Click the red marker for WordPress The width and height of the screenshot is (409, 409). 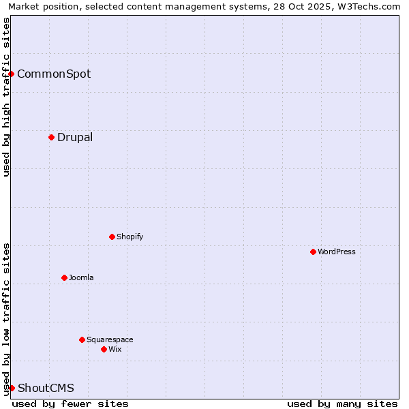pyautogui.click(x=313, y=252)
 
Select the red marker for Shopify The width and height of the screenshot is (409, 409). pyautogui.click(x=112, y=237)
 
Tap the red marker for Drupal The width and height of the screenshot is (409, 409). pyautogui.click(x=51, y=137)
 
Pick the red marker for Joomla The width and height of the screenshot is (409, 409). pyautogui.click(x=64, y=277)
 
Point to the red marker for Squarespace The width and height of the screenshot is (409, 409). pyautogui.click(x=82, y=339)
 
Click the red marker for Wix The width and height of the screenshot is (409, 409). pyautogui.click(x=104, y=349)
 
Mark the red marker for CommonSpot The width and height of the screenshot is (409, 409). pyautogui.click(x=11, y=74)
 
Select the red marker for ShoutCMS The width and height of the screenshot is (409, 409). pyautogui.click(x=12, y=388)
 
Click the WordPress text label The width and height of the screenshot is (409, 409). pyautogui.click(x=337, y=252)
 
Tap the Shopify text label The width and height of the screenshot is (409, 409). pyautogui.click(x=130, y=237)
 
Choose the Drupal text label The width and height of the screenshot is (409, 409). pyautogui.click(x=75, y=137)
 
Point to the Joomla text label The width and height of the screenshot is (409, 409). pyautogui.click(x=81, y=277)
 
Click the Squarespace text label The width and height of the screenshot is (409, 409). pyautogui.click(x=110, y=339)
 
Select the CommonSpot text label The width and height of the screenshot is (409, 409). pyautogui.click(x=54, y=74)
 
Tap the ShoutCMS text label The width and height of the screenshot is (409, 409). pyautogui.click(x=46, y=388)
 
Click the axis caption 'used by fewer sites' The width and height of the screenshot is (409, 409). pyautogui.click(x=70, y=404)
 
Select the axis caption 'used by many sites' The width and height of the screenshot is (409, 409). pyautogui.click(x=342, y=404)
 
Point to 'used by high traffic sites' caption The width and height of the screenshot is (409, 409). pyautogui.click(x=6, y=97)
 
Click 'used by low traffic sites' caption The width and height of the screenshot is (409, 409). pyautogui.click(x=6, y=318)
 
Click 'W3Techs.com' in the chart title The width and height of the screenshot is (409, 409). pyautogui.click(x=369, y=6)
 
